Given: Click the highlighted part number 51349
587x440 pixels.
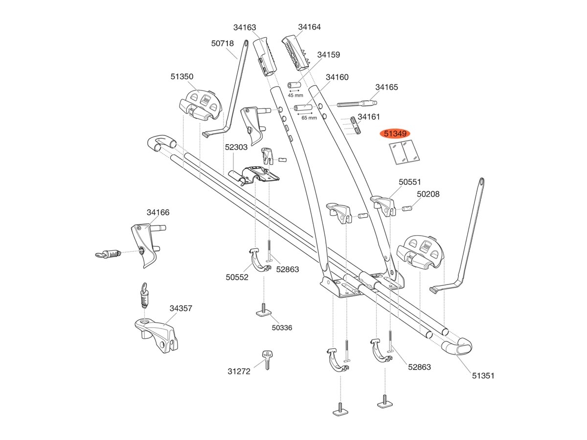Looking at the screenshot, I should coord(396,133).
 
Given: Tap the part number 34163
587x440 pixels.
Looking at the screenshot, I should coord(245,28).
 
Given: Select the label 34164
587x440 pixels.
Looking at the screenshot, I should coord(309,27).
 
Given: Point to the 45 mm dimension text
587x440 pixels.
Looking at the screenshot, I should coord(295,95).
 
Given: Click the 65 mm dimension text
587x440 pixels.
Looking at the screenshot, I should coord(309,118).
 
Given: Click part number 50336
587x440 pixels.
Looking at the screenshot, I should coord(282,328).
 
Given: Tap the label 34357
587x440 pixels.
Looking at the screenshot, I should coord(181,308).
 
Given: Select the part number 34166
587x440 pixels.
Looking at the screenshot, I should coord(158,212).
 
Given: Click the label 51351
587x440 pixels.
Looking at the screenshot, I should coord(483,375).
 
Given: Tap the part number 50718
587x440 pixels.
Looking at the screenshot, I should coord(223,44).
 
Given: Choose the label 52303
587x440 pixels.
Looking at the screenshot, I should coord(236,147).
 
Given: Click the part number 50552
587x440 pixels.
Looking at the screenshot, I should coord(237,277).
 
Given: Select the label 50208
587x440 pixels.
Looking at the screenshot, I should coord(428,194).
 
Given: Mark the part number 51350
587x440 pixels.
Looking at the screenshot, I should coord(182,76).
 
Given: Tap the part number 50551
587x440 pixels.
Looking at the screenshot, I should coord(409,182).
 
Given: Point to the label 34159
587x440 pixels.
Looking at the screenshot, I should coord(328,55).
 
